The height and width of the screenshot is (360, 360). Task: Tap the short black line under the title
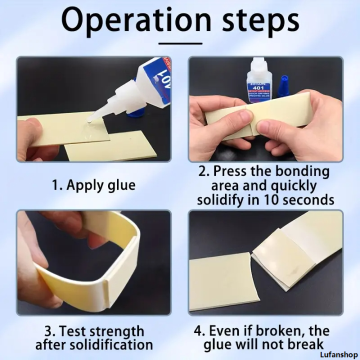pyautogui.click(x=180, y=43)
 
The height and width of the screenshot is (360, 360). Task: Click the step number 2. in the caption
pyautogui.click(x=203, y=171)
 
